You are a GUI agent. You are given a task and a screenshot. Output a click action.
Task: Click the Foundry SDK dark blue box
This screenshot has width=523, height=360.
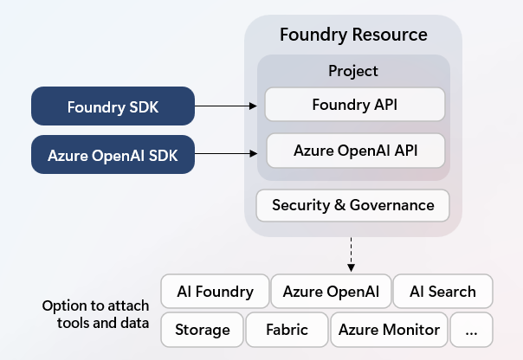point(113,106)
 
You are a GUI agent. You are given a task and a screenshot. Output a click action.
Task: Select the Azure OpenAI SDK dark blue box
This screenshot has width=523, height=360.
point(113,156)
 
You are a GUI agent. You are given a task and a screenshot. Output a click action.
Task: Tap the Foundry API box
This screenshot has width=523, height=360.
point(354,105)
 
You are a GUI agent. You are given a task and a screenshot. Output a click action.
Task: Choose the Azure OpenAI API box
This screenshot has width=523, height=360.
point(356,151)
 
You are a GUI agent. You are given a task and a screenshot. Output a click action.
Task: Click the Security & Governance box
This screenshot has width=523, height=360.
point(352,205)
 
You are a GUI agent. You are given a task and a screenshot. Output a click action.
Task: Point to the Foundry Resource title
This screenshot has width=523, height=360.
point(353,35)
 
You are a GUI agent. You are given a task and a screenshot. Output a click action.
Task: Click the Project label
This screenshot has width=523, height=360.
point(353,71)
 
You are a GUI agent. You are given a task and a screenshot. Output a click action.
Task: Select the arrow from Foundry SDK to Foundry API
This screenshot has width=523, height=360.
point(227,106)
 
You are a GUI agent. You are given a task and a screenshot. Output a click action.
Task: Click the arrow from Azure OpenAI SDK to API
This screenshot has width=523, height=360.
point(227,156)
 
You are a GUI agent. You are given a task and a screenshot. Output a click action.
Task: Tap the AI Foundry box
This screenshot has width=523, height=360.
point(215,292)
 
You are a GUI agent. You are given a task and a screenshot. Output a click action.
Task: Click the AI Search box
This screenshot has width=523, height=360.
point(442,292)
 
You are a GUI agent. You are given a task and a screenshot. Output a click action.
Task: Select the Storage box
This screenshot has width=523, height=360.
point(202,330)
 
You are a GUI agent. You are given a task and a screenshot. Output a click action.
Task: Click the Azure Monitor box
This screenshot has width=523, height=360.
point(389,330)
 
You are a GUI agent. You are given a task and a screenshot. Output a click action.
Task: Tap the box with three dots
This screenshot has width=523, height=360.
point(472,330)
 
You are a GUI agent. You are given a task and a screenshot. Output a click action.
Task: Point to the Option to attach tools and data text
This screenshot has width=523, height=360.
point(95,315)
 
